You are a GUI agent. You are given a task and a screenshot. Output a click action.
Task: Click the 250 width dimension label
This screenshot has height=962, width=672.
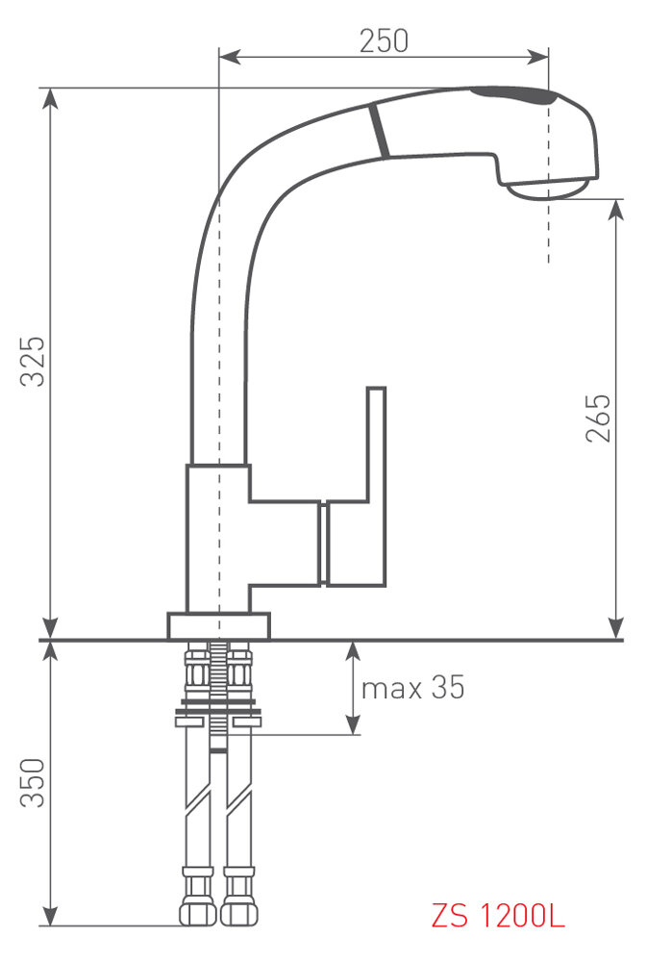384,41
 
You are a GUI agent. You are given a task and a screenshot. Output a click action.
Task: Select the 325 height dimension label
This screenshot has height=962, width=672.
35,361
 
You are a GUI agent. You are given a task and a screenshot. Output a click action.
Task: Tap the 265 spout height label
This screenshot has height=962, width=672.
598,418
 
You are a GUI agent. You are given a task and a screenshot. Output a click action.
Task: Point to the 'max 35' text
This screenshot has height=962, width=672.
412,688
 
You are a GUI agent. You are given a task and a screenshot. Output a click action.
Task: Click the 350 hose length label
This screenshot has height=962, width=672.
35,783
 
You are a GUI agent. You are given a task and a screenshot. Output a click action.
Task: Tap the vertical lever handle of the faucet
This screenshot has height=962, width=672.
376,443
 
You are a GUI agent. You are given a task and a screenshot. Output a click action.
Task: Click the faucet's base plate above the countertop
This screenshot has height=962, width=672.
218,625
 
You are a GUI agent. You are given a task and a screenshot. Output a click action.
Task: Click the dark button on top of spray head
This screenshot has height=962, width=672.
525,95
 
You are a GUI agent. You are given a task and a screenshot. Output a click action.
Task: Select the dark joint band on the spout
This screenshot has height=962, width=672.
378,131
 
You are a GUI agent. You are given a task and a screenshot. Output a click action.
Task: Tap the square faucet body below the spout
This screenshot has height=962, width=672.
218,539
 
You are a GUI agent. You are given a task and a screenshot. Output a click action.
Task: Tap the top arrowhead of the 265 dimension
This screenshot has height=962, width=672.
615,207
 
